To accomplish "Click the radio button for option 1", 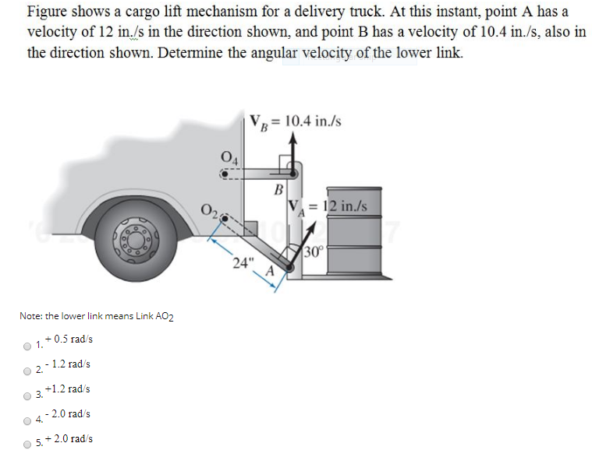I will click(29, 346).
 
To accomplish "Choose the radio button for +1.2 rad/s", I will click(29, 395).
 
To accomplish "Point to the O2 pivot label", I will click(209, 209).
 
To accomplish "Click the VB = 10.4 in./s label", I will click(296, 121).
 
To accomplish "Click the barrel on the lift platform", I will click(354, 230).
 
